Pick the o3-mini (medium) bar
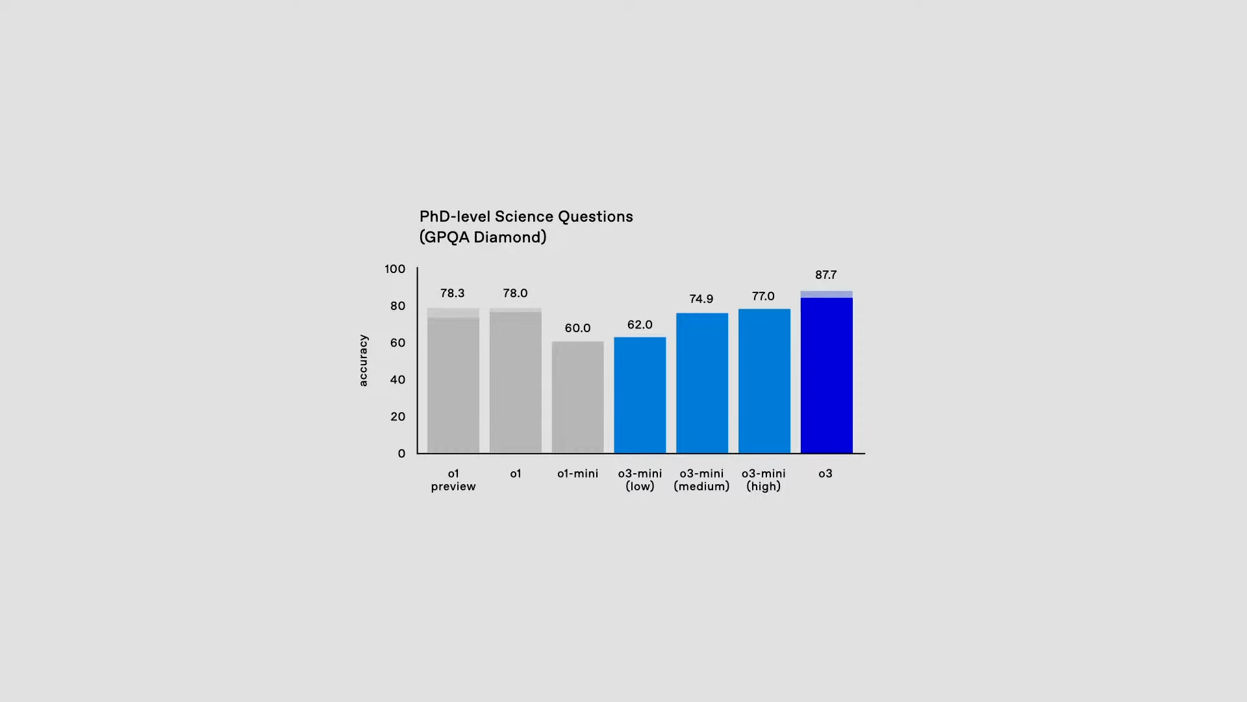point(702,383)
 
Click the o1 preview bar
point(453,383)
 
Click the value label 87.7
point(825,275)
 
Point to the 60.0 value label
point(577,328)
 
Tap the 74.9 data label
point(701,299)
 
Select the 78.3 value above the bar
point(453,293)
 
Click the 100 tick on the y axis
point(394,269)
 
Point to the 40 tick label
point(397,380)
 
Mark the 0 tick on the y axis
point(401,454)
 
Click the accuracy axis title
point(363,361)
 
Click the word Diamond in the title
point(510,237)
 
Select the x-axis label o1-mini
point(577,474)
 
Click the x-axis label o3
point(825,474)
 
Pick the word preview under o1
point(453,487)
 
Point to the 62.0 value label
point(640,325)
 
